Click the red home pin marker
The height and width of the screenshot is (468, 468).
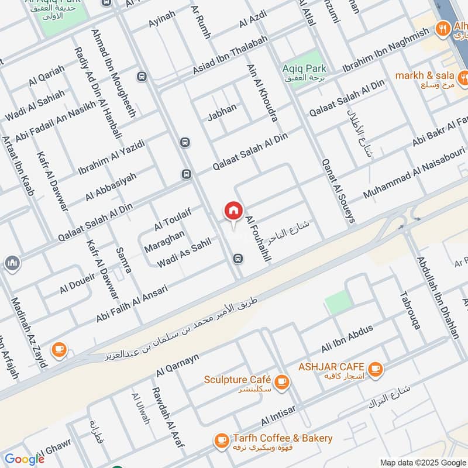click(233, 211)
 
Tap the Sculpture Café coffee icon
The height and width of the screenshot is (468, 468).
click(282, 381)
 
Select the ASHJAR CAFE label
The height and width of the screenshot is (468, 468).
click(332, 367)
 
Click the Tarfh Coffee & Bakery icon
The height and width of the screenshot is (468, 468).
click(221, 440)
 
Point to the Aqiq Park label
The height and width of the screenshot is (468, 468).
click(304, 69)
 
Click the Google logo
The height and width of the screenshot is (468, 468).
click(25, 459)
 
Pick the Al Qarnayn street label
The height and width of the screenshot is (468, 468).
click(177, 365)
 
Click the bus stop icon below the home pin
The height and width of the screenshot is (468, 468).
click(238, 258)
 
